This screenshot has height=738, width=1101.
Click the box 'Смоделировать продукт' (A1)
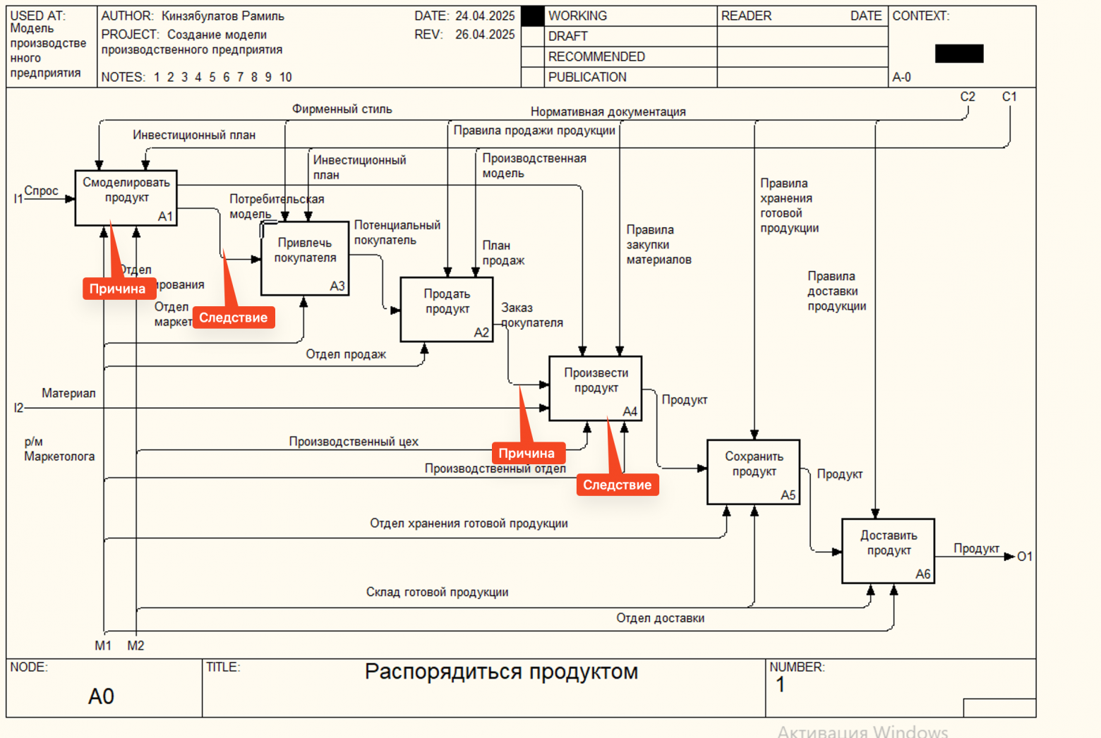tap(126, 198)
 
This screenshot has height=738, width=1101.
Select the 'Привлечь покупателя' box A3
tap(305, 258)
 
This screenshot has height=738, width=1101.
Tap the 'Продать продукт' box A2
tap(447, 309)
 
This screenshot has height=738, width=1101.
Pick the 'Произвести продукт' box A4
tap(595, 388)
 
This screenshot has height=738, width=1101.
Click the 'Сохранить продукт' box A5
tap(753, 471)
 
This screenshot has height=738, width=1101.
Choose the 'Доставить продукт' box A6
tap(888, 550)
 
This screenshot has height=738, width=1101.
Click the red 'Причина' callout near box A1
tap(118, 289)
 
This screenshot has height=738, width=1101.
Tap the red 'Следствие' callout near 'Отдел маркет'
tap(233, 317)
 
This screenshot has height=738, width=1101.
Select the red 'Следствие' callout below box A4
tap(617, 485)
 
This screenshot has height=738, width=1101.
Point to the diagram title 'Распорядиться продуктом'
tap(501, 672)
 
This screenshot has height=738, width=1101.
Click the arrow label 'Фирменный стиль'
tap(342, 109)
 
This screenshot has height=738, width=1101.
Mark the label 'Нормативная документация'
tap(608, 111)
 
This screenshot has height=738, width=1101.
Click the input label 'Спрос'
tap(41, 190)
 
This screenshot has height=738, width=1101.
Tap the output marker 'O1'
tap(1024, 557)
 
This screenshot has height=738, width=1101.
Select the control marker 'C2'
tap(968, 97)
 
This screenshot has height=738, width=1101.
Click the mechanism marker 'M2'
tap(136, 646)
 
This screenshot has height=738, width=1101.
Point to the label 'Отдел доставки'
tap(660, 618)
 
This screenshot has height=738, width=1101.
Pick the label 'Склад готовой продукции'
tap(437, 592)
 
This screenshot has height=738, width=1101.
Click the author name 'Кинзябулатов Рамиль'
tap(222, 16)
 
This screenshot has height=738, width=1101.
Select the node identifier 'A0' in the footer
tap(101, 696)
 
